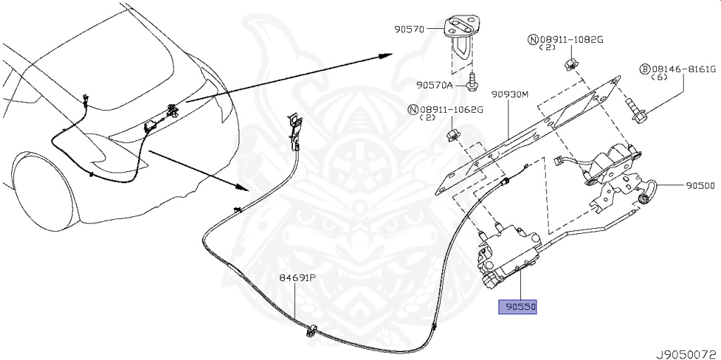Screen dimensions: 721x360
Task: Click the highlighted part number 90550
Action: coord(518,308)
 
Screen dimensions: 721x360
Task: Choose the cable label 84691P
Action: coord(296,278)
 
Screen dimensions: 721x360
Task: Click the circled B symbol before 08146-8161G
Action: coord(644,70)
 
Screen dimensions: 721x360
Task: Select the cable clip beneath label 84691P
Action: coord(311,330)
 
